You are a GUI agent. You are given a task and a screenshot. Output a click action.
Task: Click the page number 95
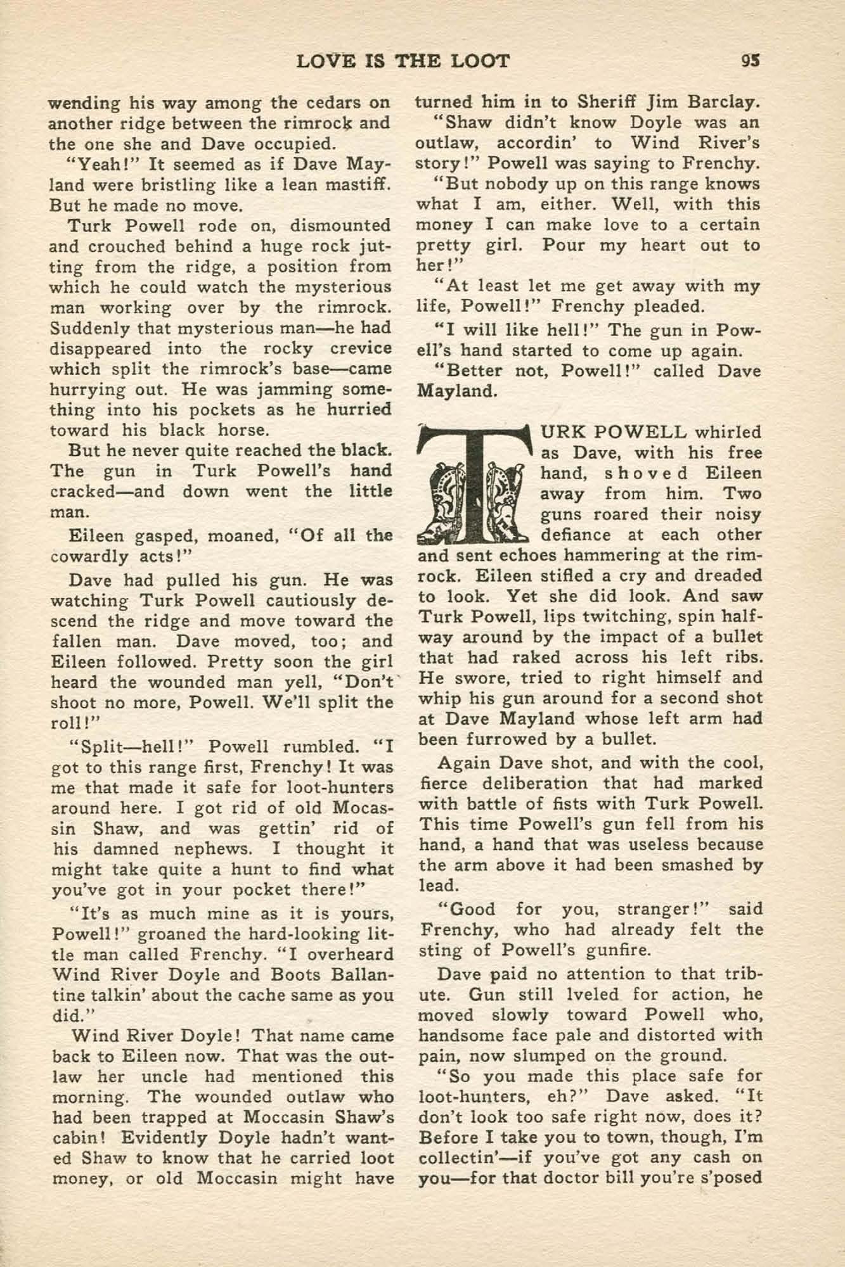[751, 61]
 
